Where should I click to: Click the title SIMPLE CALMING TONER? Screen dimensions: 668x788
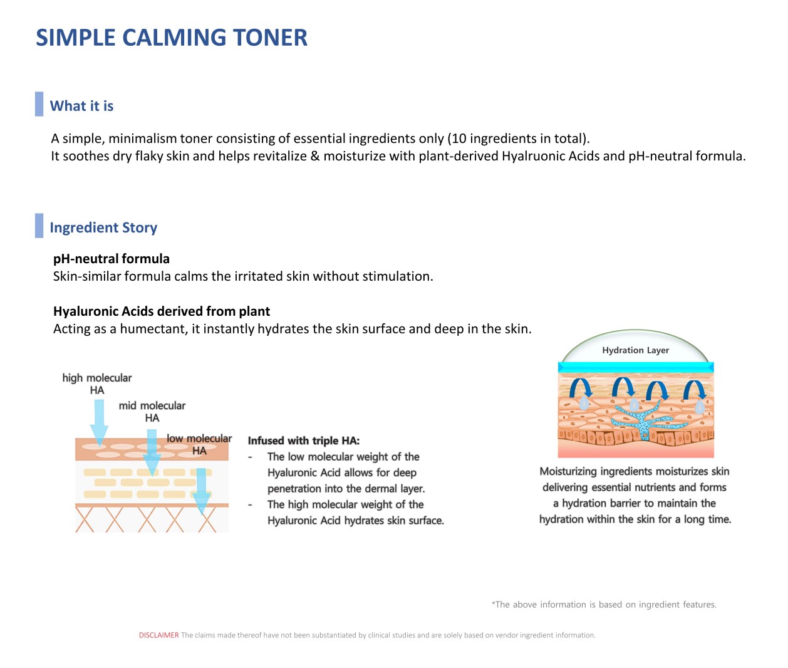172,38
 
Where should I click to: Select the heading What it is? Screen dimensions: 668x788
81,106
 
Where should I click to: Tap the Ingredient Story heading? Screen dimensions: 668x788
103,227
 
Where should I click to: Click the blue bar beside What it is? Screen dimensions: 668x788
39,104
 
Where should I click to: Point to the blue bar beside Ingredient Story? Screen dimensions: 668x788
39,226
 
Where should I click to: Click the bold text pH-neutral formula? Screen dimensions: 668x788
111,259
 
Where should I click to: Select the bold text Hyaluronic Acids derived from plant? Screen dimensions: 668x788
162,311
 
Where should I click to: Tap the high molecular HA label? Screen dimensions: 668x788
97,384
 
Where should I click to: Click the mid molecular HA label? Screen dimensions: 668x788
152,411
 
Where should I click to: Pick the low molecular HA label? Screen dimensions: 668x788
199,444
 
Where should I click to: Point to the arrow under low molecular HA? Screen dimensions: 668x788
201,492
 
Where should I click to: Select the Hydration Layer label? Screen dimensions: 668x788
635,350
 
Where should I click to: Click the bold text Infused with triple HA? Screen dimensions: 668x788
304,441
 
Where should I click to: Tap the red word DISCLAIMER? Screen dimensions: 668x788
159,635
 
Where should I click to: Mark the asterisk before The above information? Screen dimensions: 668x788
494,604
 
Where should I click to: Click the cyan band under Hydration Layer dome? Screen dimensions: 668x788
635,368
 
